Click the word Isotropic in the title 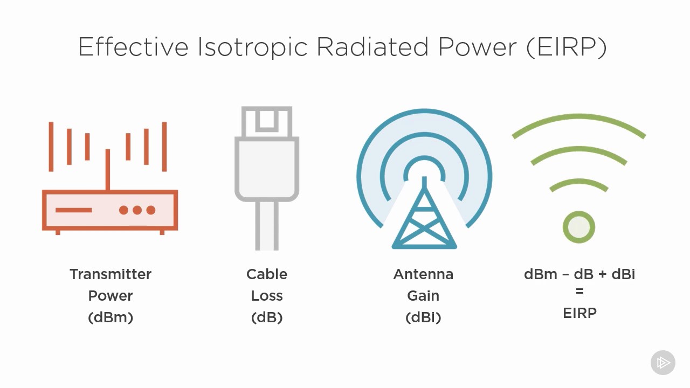[x=252, y=47]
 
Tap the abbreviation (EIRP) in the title [x=567, y=47]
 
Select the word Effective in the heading [x=133, y=46]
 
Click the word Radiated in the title [x=372, y=46]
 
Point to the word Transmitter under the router [x=111, y=274]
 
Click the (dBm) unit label [x=111, y=317]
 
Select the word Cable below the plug [x=267, y=274]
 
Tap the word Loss [x=267, y=296]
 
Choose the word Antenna [x=423, y=274]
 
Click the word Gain [x=423, y=296]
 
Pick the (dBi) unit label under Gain [x=423, y=317]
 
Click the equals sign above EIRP [x=579, y=291]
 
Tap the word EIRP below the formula [x=579, y=313]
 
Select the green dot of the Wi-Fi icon [x=579, y=227]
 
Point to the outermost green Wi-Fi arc [x=579, y=116]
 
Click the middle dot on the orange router [x=137, y=210]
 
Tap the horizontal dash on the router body [x=74, y=210]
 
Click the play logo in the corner [x=663, y=363]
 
